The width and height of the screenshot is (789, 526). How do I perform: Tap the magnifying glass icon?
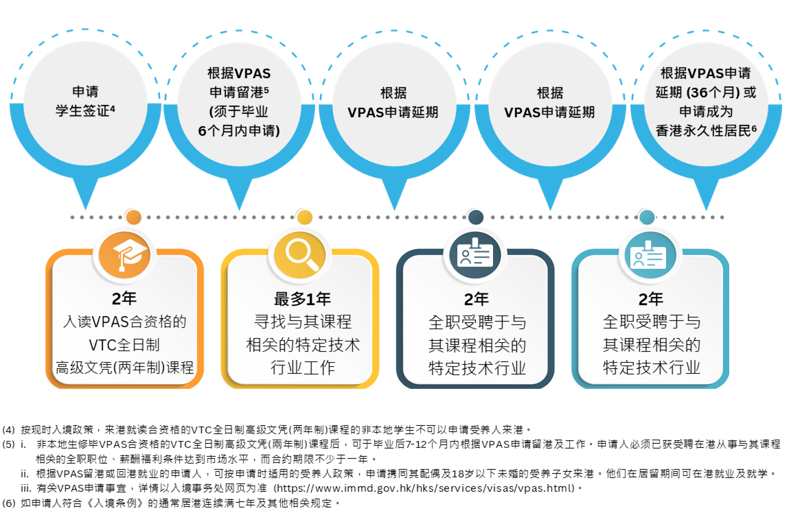tap(302, 254)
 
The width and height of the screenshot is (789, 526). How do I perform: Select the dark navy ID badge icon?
tap(475, 254)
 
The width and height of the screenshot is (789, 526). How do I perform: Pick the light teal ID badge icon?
tap(648, 255)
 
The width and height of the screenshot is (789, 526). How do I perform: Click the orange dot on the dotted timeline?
tap(133, 217)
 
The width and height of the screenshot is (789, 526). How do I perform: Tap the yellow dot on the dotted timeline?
tap(304, 217)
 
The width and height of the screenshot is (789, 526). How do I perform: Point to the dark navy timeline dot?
tap(475, 217)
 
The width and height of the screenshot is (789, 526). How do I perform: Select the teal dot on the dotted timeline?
tap(647, 217)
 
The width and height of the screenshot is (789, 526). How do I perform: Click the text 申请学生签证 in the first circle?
tap(86, 101)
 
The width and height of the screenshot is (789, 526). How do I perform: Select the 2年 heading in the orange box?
tap(124, 298)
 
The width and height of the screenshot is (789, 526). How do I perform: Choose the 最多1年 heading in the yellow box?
tap(302, 299)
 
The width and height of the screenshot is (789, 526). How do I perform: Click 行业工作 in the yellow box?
tap(303, 368)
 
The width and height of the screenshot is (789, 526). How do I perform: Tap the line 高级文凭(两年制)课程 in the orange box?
tap(125, 368)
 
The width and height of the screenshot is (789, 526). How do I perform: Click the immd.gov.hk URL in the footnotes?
tap(425, 488)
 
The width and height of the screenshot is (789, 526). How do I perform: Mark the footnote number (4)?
tap(8, 429)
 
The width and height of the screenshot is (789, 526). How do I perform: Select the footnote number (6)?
tap(8, 503)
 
